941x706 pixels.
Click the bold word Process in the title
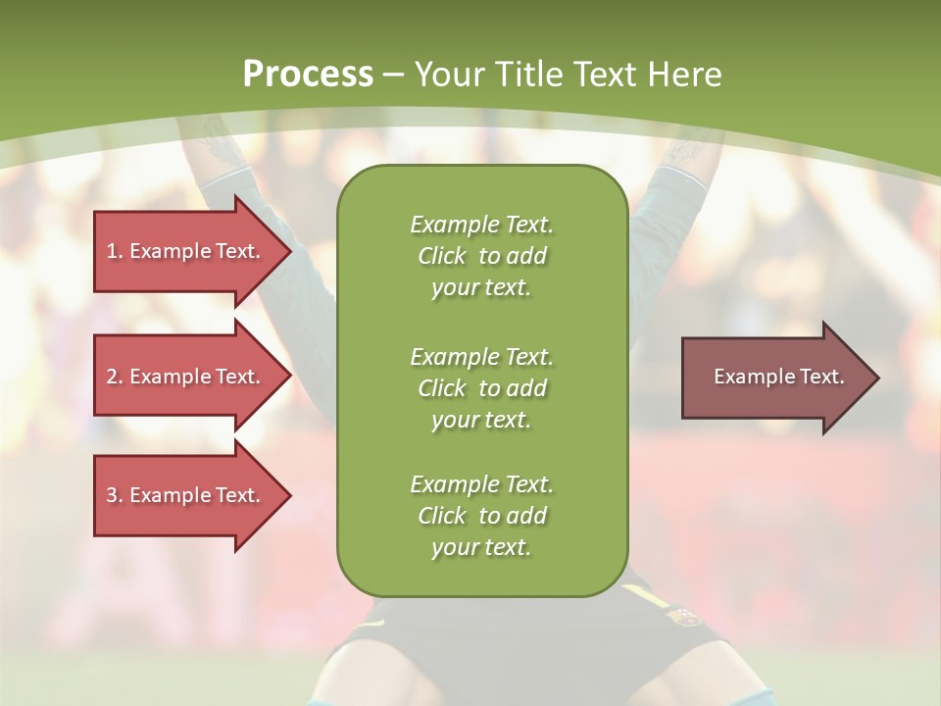(308, 74)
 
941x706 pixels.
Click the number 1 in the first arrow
(112, 251)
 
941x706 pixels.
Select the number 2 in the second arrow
(112, 377)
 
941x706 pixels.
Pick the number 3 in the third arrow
(112, 495)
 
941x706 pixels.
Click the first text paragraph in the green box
(481, 256)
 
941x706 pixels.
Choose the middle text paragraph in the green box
(481, 387)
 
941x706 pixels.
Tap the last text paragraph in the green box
(481, 515)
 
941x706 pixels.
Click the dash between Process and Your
(394, 75)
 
